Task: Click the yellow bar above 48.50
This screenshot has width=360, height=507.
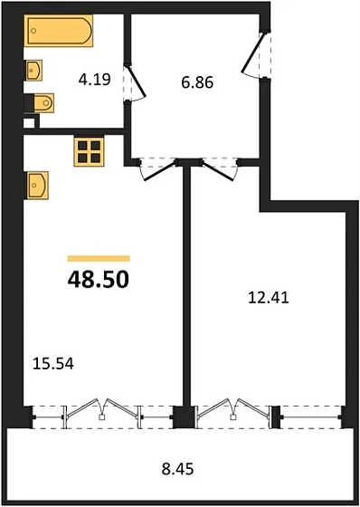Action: pyautogui.click(x=98, y=259)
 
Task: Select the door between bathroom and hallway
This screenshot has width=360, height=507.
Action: pyautogui.click(x=129, y=84)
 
